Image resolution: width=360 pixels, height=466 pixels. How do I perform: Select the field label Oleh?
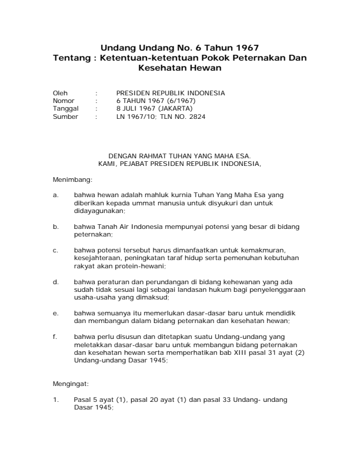60,93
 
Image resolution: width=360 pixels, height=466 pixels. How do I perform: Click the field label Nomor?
63,101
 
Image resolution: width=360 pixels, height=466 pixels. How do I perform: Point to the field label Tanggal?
65,108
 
